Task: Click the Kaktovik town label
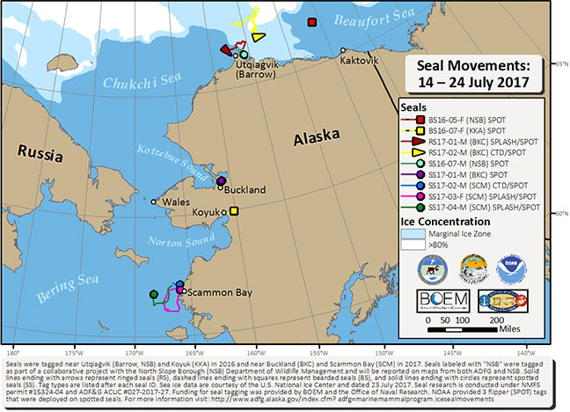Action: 359,61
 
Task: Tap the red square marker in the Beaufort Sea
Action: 311,22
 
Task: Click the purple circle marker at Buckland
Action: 222,180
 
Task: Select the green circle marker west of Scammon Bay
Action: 153,293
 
